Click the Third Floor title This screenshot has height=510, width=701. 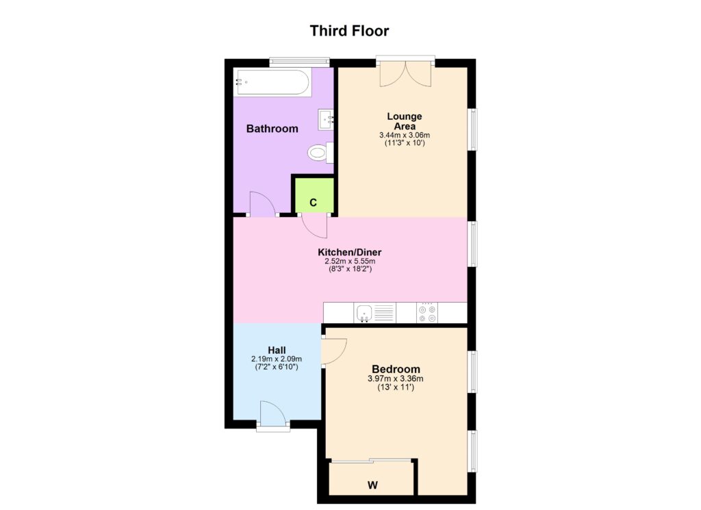[349, 31]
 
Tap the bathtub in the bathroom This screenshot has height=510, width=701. [272, 81]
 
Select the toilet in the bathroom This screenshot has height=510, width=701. [320, 153]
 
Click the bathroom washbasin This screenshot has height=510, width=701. [326, 120]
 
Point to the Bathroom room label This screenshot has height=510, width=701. [272, 129]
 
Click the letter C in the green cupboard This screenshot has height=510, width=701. [313, 203]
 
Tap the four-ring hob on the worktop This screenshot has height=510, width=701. [427, 313]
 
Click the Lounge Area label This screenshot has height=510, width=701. [405, 121]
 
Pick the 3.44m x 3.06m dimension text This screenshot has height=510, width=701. [405, 135]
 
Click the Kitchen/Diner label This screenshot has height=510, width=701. [350, 252]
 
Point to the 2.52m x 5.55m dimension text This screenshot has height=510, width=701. [350, 261]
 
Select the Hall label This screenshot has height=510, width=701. [277, 350]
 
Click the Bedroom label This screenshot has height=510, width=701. [396, 369]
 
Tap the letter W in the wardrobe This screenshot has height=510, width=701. [372, 485]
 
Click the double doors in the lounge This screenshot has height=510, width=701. [405, 74]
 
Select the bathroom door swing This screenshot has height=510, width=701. [262, 204]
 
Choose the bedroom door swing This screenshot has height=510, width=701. [333, 351]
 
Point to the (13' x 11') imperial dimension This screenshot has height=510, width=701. [396, 387]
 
